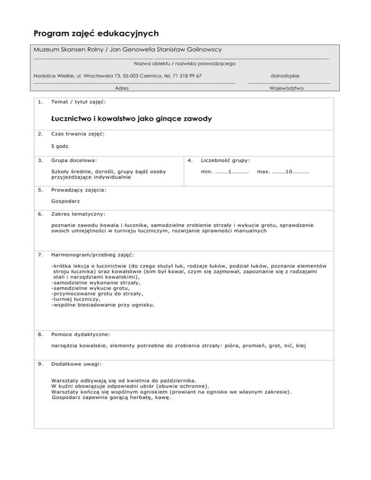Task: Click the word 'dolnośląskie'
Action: point(288,76)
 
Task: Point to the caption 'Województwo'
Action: point(288,88)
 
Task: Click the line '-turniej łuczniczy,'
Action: point(75,298)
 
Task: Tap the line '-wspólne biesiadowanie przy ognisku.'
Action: point(104,305)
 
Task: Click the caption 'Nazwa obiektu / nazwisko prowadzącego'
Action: point(184,63)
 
